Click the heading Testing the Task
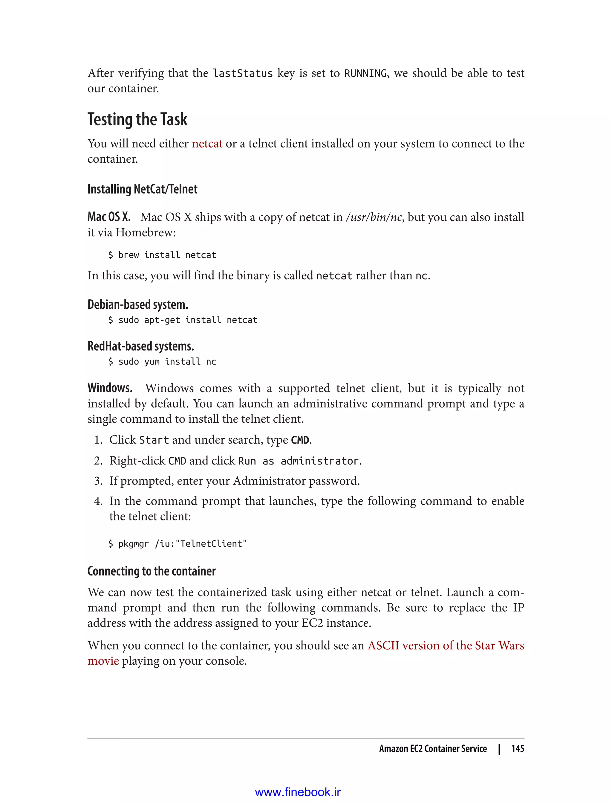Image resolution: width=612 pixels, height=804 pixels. [137, 120]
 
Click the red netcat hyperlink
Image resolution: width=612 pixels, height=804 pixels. [207, 144]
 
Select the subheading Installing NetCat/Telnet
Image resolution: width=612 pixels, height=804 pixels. [143, 189]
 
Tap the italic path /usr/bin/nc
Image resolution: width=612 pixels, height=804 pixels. [374, 217]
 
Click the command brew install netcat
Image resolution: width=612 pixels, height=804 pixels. [162, 255]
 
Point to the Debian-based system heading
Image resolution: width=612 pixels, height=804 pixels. [138, 304]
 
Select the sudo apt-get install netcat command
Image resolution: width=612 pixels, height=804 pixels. [183, 320]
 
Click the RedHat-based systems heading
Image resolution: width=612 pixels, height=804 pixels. [141, 346]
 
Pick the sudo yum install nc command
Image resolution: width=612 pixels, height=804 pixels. [162, 362]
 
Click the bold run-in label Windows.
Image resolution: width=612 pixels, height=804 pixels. [110, 388]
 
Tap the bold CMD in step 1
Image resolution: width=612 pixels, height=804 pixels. [300, 440]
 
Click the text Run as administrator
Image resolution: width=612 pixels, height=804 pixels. [299, 461]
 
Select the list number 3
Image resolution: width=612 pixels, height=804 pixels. [98, 481]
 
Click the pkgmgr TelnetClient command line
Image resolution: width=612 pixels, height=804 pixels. [178, 544]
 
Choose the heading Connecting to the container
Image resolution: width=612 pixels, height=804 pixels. [152, 571]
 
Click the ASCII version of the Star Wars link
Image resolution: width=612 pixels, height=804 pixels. [446, 645]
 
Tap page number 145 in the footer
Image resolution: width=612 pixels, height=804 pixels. [517, 749]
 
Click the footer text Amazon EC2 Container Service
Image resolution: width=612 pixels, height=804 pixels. [433, 749]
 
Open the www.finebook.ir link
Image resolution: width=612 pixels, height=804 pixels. [298, 792]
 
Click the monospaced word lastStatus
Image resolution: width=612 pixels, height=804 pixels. [243, 74]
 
